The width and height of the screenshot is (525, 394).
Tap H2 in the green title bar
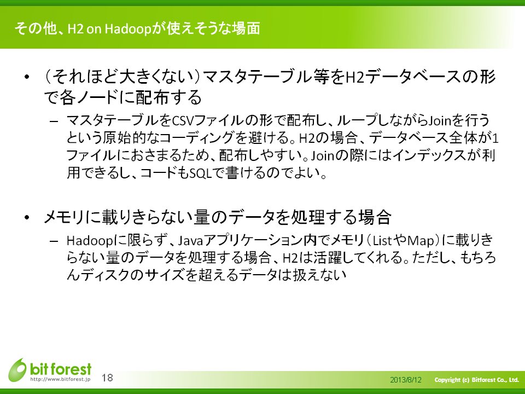tap(75, 29)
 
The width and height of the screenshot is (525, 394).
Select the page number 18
tap(107, 378)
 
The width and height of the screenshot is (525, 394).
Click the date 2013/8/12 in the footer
tap(405, 380)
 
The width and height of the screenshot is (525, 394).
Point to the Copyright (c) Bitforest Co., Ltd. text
tap(476, 380)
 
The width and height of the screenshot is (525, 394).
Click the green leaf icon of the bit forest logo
tap(17, 370)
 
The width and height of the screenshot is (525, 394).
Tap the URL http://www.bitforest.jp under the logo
tap(60, 379)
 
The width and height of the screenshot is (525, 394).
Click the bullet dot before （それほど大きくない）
tap(27, 77)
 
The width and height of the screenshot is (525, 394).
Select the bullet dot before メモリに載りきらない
tap(27, 217)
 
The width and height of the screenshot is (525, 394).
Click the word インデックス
tap(429, 155)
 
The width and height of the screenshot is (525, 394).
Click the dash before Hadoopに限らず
tap(54, 241)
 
